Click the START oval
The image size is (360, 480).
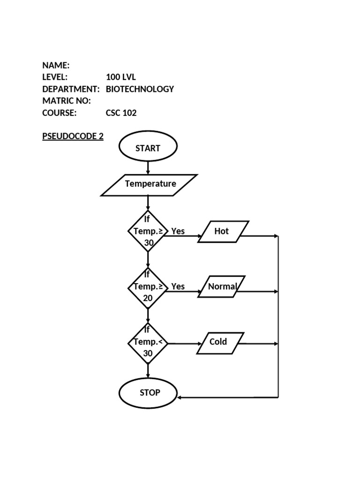[148, 146]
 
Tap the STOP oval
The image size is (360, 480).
[148, 393]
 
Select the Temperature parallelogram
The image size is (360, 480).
[149, 185]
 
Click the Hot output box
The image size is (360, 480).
[223, 232]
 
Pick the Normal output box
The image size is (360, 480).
[222, 286]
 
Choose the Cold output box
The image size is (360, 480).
[220, 343]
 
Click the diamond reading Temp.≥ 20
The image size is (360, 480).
[148, 288]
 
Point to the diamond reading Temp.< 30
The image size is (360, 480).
[148, 343]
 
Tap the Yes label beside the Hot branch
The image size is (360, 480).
[178, 231]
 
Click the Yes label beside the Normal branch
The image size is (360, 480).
[178, 286]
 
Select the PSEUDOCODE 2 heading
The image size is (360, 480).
[73, 136]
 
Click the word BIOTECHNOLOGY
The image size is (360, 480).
[140, 89]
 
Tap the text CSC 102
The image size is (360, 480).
[121, 113]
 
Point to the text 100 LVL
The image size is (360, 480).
[121, 77]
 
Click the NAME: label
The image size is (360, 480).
[56, 65]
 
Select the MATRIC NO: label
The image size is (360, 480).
[67, 101]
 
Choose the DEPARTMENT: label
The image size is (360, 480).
[71, 89]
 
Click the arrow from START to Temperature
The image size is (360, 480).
[148, 168]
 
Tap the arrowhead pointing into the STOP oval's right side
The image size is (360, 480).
[180, 397]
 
